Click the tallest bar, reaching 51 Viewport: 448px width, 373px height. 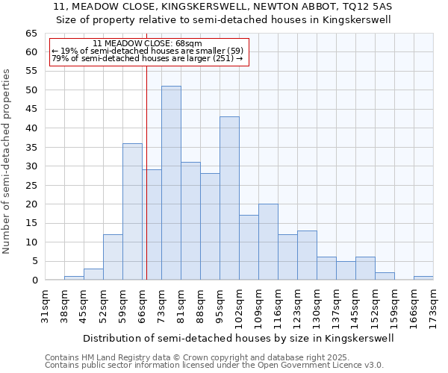click(x=171, y=183)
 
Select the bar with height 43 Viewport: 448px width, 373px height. click(x=229, y=198)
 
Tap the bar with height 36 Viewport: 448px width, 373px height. click(x=132, y=212)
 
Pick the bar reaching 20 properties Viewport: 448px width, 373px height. click(x=268, y=242)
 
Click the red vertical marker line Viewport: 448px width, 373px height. click(x=146, y=172)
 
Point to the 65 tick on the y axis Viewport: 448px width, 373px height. click(x=31, y=34)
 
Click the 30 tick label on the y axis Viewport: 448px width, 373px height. click(x=31, y=166)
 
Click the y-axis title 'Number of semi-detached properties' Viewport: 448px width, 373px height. click(x=7, y=161)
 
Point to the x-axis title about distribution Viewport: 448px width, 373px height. click(x=238, y=338)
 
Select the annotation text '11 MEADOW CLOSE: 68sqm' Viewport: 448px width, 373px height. click(x=147, y=44)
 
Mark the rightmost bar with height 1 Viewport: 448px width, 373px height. click(x=423, y=278)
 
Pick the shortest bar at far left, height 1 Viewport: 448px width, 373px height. click(x=74, y=278)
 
